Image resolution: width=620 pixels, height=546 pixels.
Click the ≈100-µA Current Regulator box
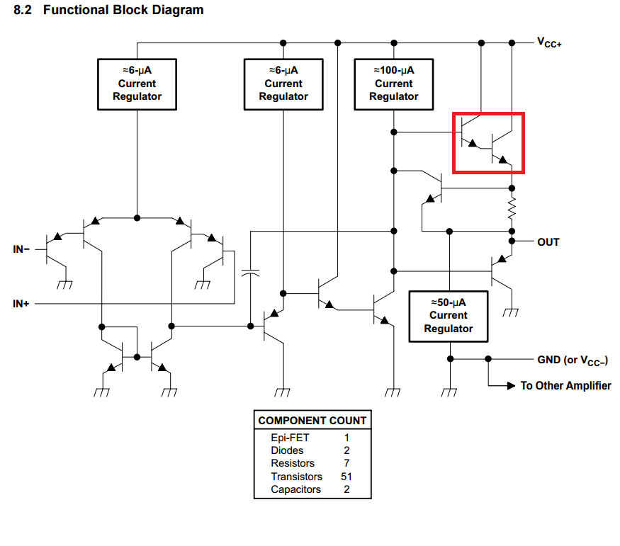393,84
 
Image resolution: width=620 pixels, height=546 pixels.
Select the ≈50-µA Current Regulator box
449,315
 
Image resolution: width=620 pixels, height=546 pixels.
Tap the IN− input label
21,249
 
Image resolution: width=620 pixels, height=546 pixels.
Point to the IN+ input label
21,304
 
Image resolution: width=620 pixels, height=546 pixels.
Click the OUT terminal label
548,242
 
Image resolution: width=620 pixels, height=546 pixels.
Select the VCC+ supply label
550,42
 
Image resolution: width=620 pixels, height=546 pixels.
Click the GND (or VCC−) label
573,360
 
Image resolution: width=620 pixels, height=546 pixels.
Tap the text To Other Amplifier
565,386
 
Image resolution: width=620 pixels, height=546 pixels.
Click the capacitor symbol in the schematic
249,272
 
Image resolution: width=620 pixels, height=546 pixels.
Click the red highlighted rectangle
488,142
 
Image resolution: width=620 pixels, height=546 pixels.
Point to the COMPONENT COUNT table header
312,421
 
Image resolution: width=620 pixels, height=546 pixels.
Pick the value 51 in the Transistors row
346,477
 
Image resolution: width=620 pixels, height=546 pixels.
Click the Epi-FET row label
290,438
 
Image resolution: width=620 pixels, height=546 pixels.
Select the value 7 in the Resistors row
346,463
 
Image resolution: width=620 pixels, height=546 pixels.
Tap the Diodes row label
287,450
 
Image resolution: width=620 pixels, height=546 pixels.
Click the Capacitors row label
295,489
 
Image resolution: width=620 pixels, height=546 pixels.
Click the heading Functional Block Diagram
123,11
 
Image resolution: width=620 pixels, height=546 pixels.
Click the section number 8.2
24,11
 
